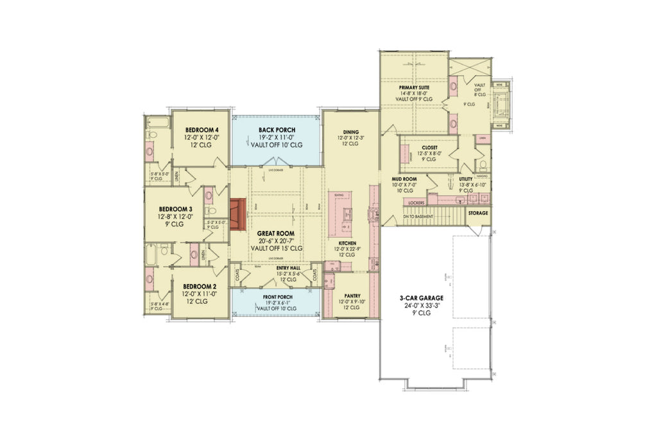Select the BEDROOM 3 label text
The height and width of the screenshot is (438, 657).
176,209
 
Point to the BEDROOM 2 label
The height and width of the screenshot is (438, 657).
197,286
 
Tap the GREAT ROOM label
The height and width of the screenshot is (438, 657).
275,233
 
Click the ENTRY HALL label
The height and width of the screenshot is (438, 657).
288,269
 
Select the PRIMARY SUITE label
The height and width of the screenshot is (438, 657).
414,87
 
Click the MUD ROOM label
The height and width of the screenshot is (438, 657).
404,179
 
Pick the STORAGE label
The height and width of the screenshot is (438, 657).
478,213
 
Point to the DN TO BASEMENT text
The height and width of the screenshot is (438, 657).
418,216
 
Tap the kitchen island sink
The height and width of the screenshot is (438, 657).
347,212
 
